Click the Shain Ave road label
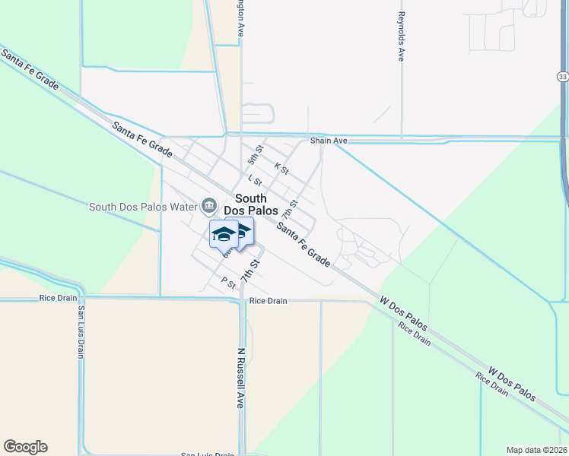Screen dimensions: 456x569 329,141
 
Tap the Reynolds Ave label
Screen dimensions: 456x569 401,36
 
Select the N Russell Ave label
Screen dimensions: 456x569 240,378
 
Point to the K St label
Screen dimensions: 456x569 281,168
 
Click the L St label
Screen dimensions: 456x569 255,181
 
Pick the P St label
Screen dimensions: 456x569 227,283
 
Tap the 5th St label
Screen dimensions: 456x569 255,156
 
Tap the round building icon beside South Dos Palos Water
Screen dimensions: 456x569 208,206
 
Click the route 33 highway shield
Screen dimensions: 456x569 562,77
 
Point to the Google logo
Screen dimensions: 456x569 25,447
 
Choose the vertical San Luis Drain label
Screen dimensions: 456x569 79,334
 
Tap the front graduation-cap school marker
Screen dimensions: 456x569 224,236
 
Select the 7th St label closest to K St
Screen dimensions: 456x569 288,202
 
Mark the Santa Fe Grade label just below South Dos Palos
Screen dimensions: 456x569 304,243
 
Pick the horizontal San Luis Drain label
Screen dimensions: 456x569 207,454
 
